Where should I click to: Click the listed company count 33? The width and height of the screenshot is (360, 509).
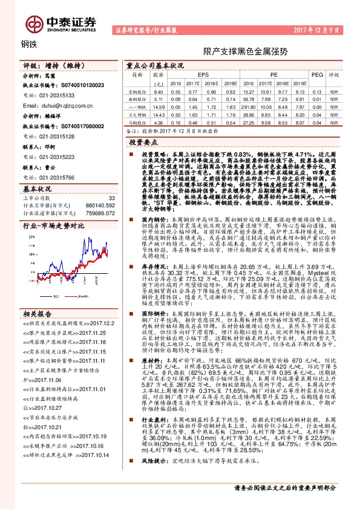pos(111,198)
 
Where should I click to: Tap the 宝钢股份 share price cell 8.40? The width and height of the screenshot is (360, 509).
pos(159,91)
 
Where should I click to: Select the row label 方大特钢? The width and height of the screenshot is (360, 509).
pos(139,114)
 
